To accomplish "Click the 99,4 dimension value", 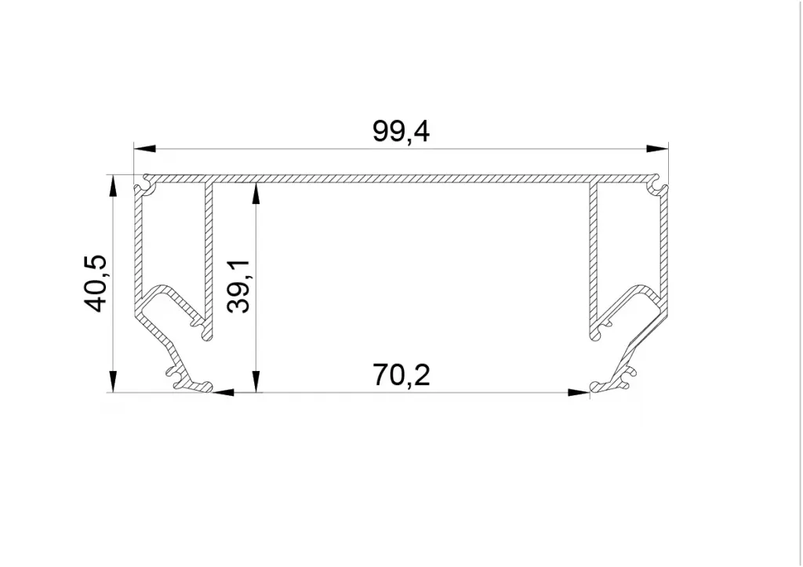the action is (401, 132).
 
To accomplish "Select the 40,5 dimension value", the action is (95, 283).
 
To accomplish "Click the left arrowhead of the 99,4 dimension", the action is (144, 149).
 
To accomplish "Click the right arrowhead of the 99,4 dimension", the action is (658, 149).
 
